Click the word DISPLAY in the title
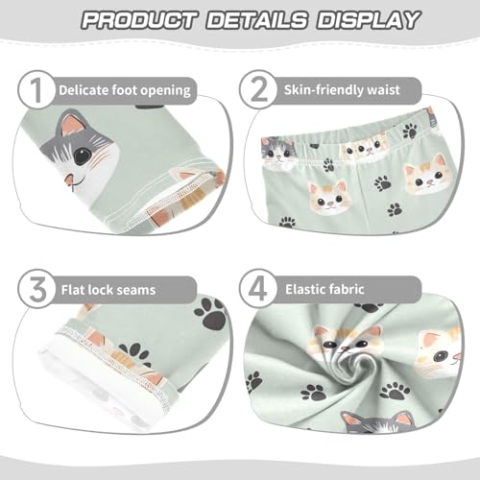366,19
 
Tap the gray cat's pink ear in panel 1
72,126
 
